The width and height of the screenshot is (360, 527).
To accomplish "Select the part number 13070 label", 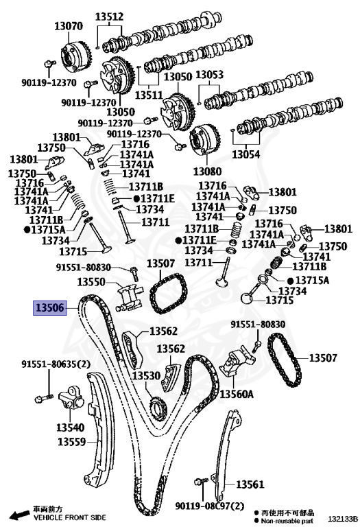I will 68,27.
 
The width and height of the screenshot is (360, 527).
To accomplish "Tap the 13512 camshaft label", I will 109,16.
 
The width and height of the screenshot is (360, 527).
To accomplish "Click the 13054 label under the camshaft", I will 246,154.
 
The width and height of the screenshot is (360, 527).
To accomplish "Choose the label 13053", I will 209,75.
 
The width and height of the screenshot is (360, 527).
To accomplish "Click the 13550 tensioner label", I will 91,282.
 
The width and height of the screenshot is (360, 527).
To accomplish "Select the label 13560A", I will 237,395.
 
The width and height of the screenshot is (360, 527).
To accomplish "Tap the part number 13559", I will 71,442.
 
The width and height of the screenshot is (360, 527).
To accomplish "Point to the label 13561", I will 250,484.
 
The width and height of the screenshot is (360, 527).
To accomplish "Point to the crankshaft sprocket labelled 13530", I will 157,409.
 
